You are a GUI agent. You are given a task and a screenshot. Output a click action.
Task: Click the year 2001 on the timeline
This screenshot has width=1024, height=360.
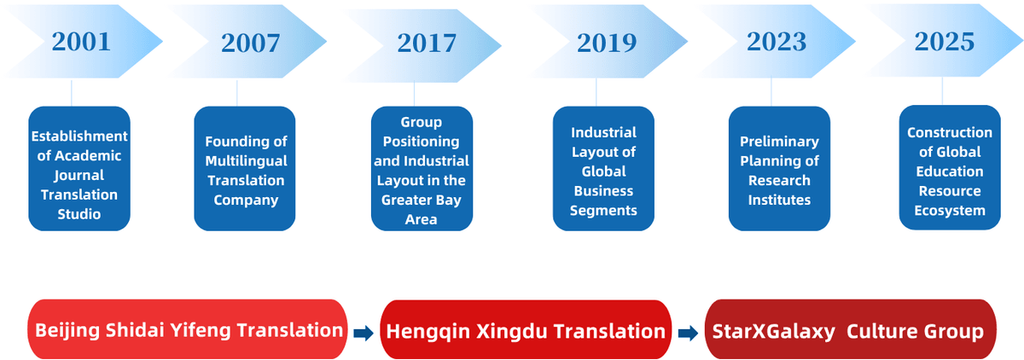pyautogui.click(x=81, y=42)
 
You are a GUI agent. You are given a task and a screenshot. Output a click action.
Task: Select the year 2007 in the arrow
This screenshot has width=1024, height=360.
pyautogui.click(x=251, y=43)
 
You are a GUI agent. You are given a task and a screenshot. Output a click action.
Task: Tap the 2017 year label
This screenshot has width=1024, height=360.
pyautogui.click(x=427, y=43)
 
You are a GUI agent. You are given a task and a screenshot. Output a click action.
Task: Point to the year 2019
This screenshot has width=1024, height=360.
pyautogui.click(x=607, y=43)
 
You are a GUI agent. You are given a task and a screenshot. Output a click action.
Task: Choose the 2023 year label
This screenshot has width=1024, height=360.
pyautogui.click(x=777, y=42)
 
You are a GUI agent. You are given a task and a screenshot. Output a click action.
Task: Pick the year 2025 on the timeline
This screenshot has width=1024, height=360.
pyautogui.click(x=945, y=42)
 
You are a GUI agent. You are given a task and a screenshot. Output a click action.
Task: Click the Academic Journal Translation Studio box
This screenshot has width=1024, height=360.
pyautogui.click(x=79, y=169)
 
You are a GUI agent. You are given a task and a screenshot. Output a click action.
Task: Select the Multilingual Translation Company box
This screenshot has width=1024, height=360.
pyautogui.click(x=245, y=169)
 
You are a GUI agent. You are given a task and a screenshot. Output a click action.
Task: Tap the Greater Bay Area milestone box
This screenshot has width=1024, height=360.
pyautogui.click(x=422, y=169)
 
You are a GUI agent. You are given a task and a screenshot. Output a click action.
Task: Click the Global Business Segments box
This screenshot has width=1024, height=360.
pyautogui.click(x=603, y=169)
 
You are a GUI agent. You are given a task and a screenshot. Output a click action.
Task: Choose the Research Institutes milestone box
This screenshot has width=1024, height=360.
pyautogui.click(x=779, y=169)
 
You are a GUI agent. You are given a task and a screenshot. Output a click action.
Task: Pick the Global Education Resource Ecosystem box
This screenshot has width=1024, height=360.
pyautogui.click(x=950, y=167)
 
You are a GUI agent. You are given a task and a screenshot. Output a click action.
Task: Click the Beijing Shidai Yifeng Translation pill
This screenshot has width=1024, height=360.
pyautogui.click(x=188, y=329)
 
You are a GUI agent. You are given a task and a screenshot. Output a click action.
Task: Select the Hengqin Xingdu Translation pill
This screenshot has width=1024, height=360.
pyautogui.click(x=526, y=330)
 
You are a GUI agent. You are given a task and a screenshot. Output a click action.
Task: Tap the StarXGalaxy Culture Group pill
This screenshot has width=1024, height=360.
pyautogui.click(x=850, y=329)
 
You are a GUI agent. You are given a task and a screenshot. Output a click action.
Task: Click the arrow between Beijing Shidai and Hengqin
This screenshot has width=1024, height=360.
pyautogui.click(x=364, y=333)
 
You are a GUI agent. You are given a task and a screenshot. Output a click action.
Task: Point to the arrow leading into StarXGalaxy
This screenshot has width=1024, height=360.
pyautogui.click(x=688, y=333)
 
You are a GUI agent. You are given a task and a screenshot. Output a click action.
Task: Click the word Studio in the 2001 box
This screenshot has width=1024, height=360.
pyautogui.click(x=79, y=214)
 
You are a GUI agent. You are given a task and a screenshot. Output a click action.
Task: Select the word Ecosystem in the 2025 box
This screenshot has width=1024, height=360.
pyautogui.click(x=950, y=211)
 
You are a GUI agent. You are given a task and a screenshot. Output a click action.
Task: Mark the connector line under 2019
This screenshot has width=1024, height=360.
pyautogui.click(x=596, y=92)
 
